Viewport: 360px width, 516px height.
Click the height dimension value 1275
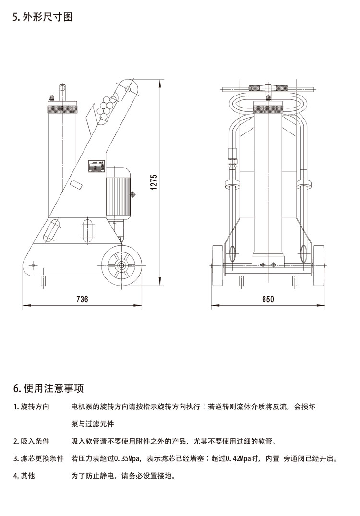pos(153,182)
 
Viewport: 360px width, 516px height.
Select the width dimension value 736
pos(83,299)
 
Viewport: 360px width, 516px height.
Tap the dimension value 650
pos(268,299)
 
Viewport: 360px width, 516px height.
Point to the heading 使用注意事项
pos(51,388)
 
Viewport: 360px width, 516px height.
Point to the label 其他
pos(28,476)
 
